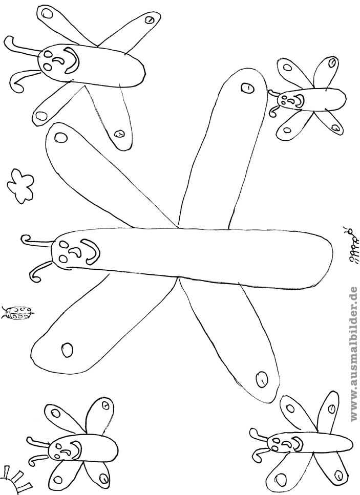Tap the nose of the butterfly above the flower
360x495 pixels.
pyautogui.click(x=58, y=60)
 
